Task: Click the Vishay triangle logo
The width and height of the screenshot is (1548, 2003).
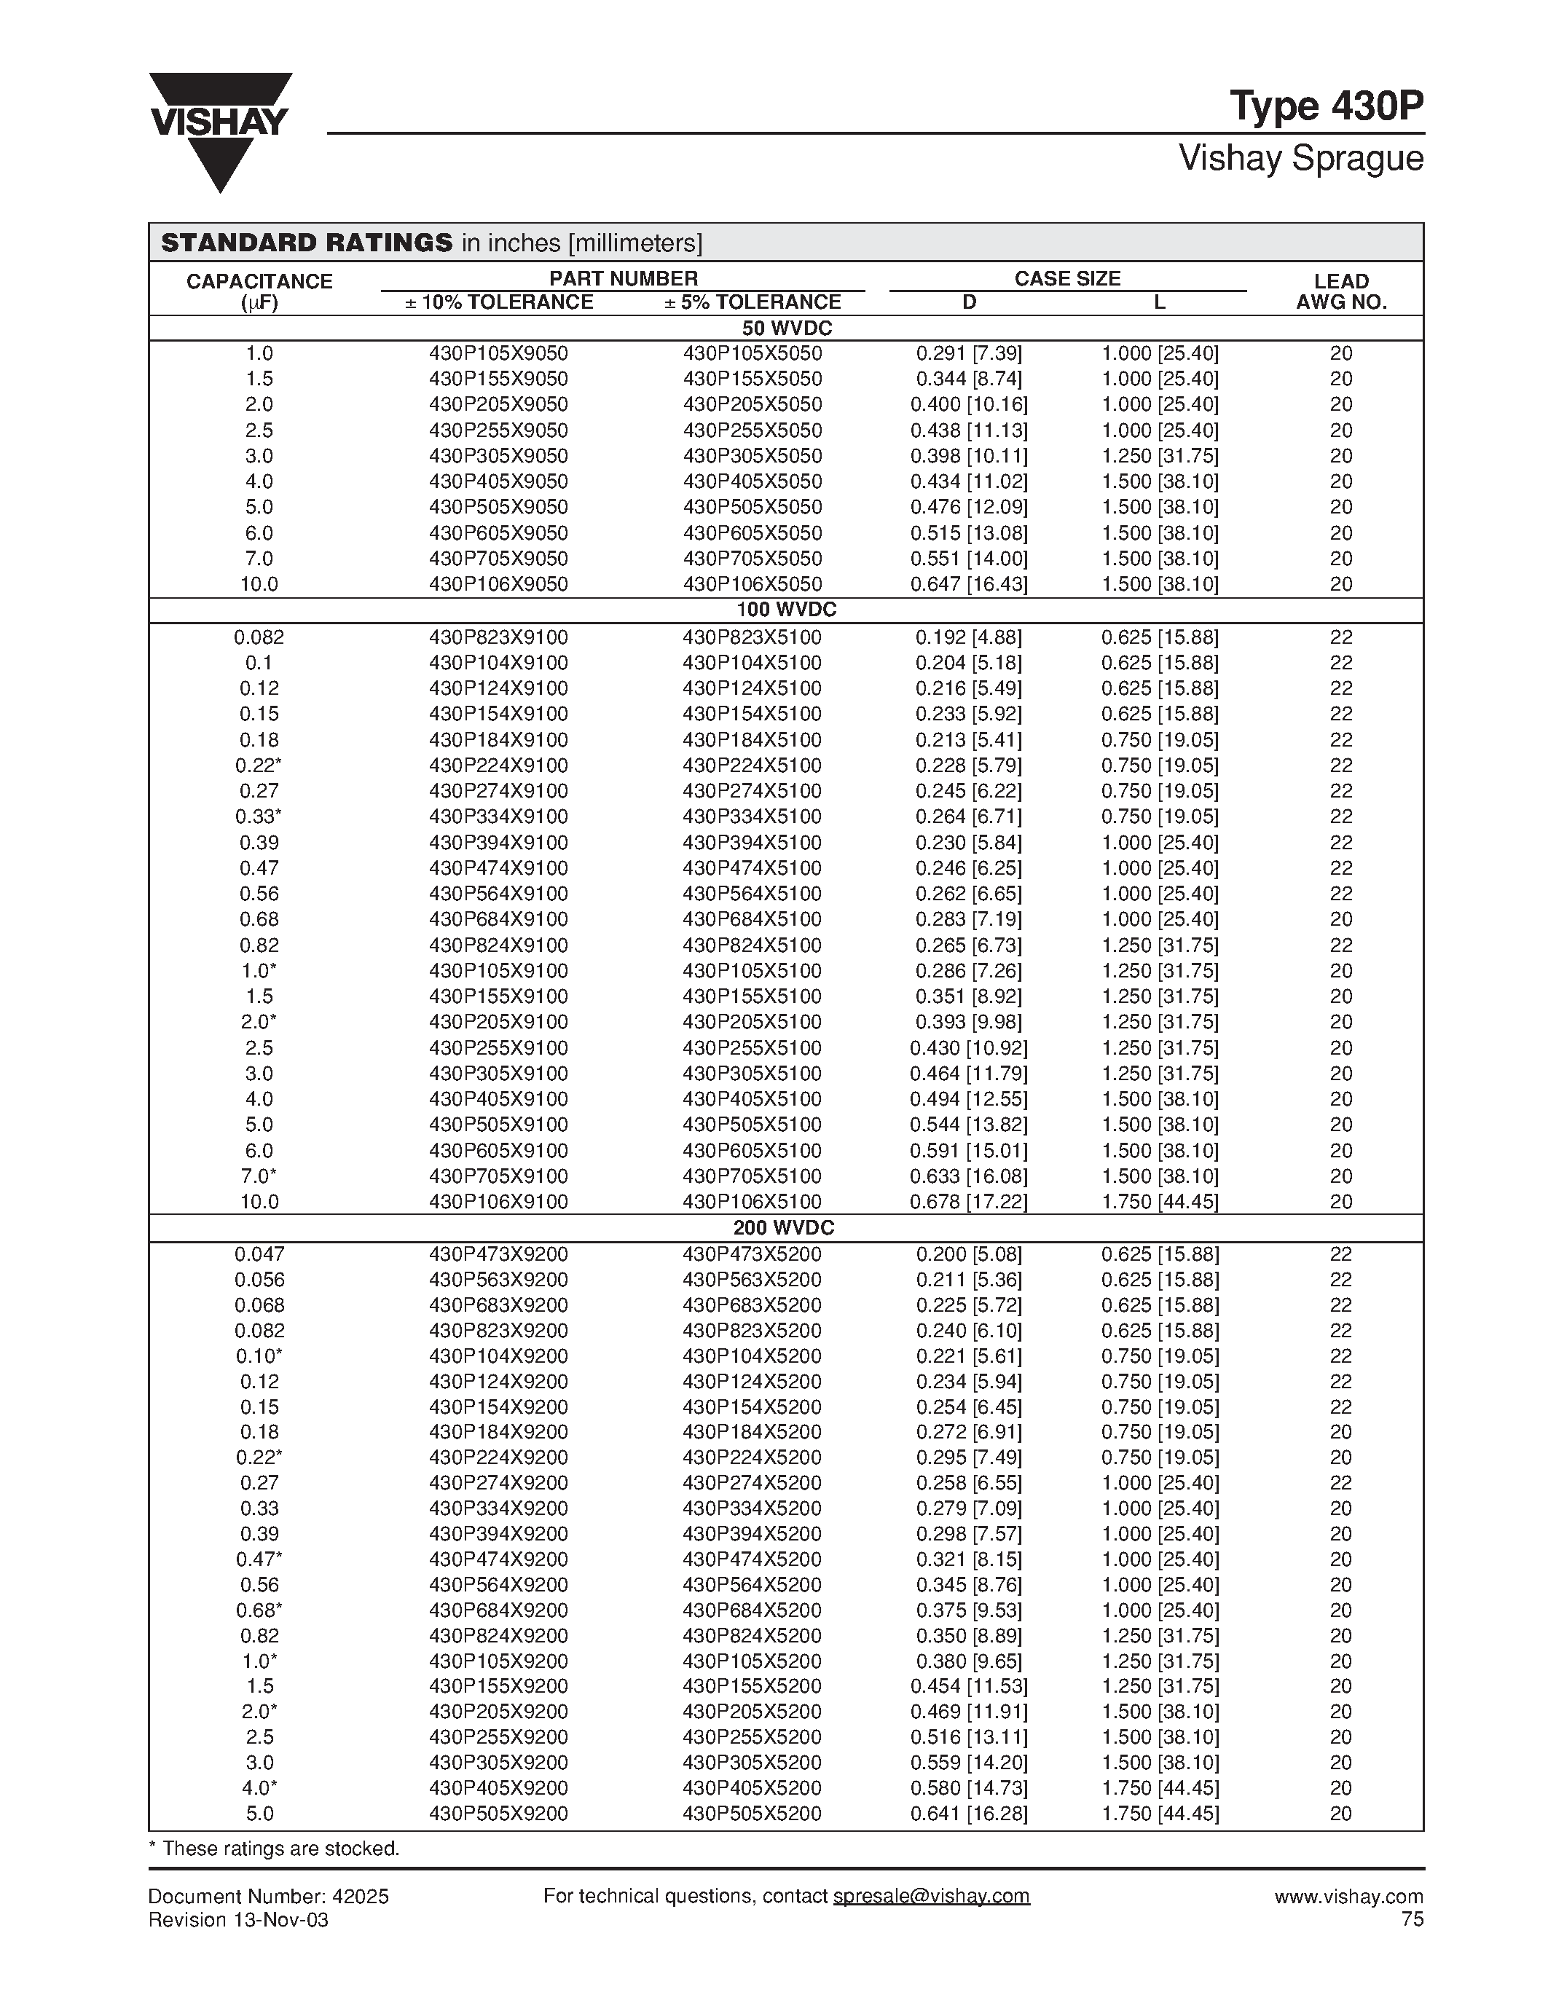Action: pos(220,130)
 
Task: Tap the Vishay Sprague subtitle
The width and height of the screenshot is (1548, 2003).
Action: pos(1300,159)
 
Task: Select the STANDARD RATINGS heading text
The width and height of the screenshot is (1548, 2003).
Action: pos(306,243)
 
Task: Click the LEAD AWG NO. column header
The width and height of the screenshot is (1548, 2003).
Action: pos(1340,291)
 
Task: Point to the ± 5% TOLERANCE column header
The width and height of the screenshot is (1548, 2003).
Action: pos(752,303)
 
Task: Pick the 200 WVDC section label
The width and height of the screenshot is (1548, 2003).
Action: pos(783,1228)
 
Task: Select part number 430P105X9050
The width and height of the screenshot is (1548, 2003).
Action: pos(498,354)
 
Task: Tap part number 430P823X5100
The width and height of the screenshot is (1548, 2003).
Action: pos(752,637)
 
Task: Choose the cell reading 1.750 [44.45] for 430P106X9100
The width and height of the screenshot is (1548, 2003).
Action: pos(1159,1201)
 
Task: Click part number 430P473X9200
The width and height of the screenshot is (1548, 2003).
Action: pos(498,1254)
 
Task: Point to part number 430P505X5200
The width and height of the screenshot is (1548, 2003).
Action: pos(752,1813)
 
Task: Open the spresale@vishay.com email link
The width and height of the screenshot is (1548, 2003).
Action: pos(931,1896)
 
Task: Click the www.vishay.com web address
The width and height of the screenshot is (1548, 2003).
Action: pos(1348,1897)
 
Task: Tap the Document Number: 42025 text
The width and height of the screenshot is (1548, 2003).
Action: pos(269,1897)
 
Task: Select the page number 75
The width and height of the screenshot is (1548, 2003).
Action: pos(1413,1919)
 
